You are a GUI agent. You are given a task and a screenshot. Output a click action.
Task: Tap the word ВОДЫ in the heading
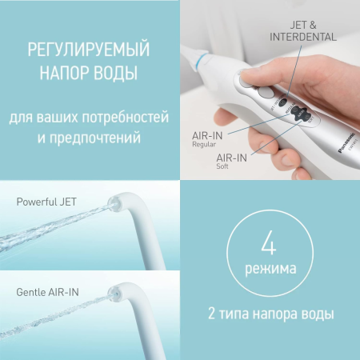[118, 74]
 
